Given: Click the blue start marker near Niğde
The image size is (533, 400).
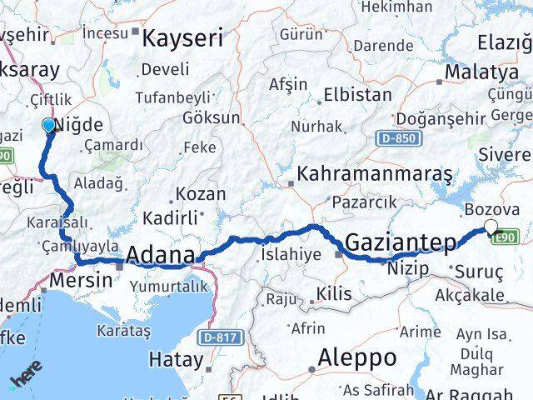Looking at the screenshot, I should click(49, 126).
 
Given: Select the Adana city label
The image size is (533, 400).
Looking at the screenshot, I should click(162, 254).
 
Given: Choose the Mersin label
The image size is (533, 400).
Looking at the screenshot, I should click(81, 279).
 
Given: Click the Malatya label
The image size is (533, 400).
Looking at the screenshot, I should click(481, 72).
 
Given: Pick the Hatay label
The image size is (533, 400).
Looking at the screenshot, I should click(176, 360).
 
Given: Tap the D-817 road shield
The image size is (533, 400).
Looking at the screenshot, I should click(219, 337).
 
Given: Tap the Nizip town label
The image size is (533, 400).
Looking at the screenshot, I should click(407, 268).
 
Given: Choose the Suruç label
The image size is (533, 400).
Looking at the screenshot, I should click(477, 270).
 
